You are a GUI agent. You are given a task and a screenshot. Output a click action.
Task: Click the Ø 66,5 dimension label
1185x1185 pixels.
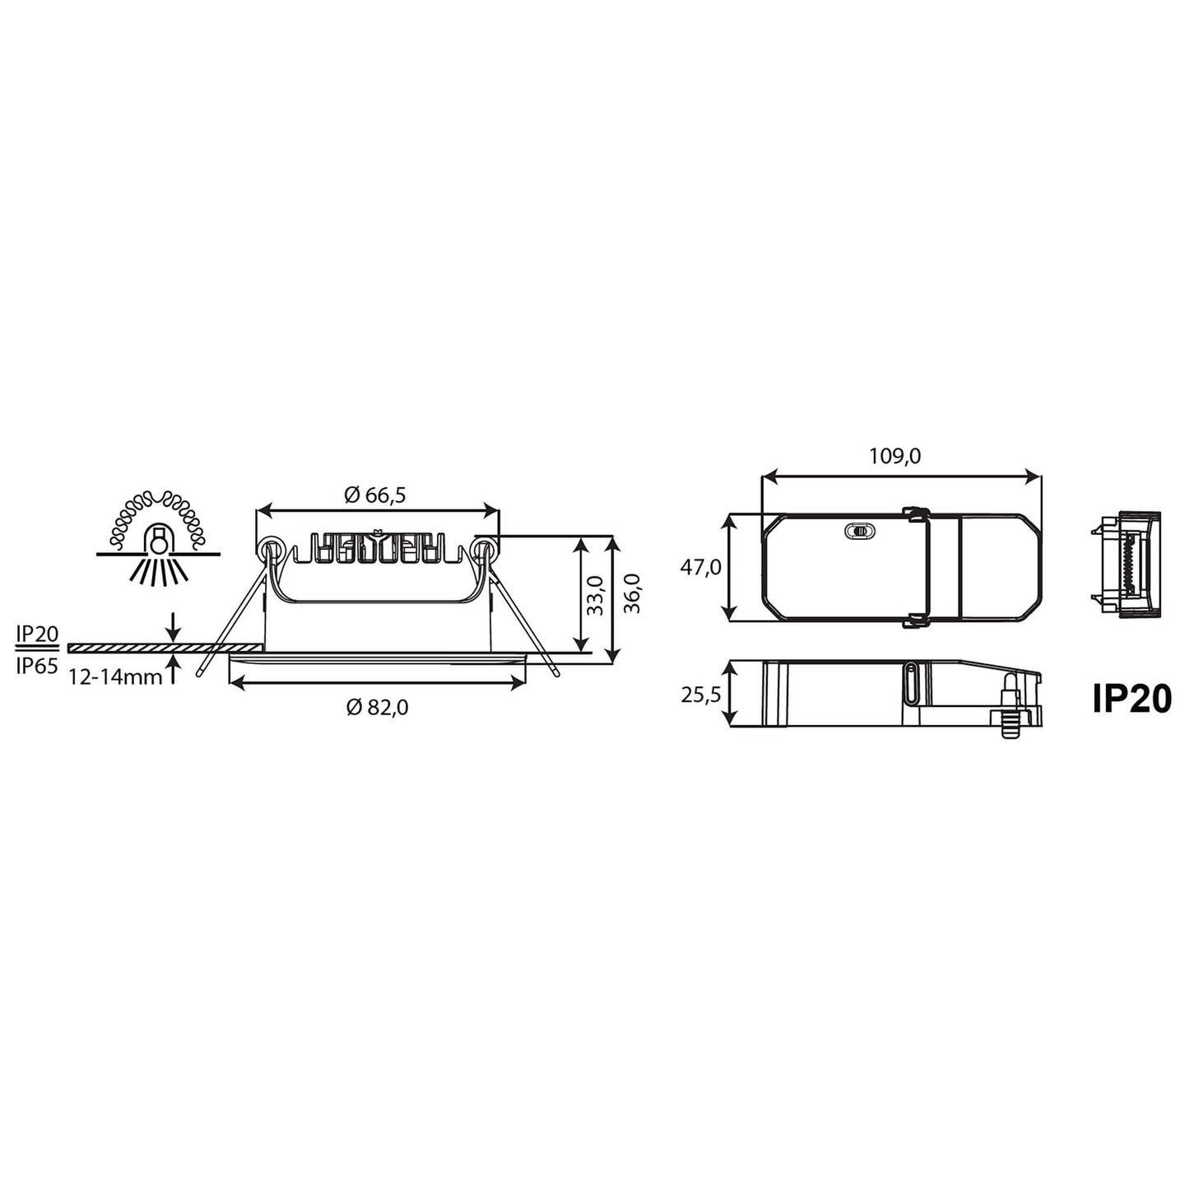tap(375, 495)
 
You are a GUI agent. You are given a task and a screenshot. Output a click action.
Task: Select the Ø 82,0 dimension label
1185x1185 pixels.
tap(377, 707)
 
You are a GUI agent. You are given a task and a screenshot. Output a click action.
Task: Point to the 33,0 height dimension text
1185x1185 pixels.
tap(596, 595)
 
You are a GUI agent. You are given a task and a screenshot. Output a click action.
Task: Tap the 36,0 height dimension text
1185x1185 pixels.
tap(632, 593)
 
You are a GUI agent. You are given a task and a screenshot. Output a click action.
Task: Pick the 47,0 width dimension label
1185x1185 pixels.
tap(700, 567)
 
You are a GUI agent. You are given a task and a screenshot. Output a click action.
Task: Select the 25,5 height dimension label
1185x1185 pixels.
tap(700, 695)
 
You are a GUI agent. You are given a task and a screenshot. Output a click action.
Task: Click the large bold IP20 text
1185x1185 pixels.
tap(1132, 699)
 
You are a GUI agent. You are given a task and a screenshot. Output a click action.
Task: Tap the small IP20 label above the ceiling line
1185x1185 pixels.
tap(38, 633)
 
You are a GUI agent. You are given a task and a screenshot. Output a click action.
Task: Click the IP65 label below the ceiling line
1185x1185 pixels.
tap(38, 666)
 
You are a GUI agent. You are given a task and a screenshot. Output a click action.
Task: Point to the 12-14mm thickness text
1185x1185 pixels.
tap(115, 677)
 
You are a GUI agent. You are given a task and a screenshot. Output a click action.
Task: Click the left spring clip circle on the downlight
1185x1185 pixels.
tap(270, 549)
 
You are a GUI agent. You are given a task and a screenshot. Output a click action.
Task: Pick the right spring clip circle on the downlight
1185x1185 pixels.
tap(485, 549)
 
